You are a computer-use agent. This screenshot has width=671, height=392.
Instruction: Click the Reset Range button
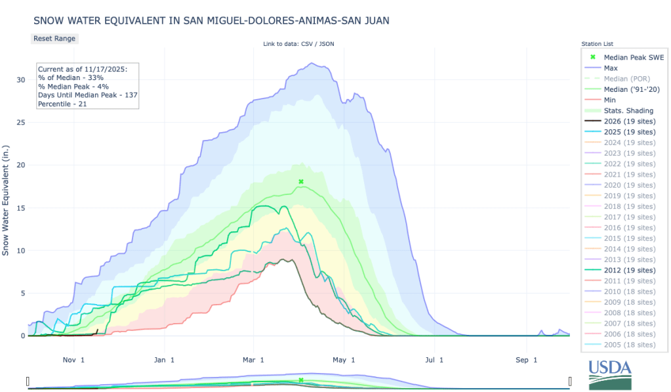(54, 38)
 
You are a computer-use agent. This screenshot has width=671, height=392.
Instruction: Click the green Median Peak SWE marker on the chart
(301, 181)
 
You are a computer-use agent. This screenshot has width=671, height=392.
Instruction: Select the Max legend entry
(610, 68)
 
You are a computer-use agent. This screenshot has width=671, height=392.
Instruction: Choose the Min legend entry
(609, 100)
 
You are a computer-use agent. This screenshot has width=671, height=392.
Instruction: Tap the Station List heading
(596, 44)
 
